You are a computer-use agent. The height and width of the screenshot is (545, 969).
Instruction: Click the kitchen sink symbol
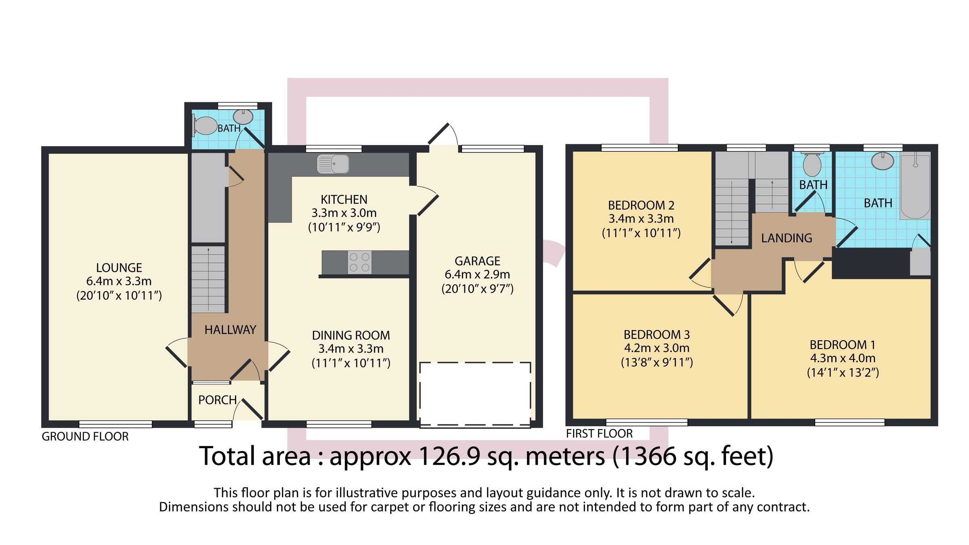click(x=333, y=164)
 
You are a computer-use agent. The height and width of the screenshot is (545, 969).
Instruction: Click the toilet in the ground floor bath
click(x=205, y=126)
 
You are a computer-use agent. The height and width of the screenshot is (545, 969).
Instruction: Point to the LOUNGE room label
click(x=119, y=268)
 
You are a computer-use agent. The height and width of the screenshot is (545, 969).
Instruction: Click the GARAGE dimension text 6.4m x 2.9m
click(x=477, y=275)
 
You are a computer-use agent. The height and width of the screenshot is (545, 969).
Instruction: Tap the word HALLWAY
click(x=230, y=330)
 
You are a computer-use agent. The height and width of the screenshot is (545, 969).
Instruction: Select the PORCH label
click(x=217, y=400)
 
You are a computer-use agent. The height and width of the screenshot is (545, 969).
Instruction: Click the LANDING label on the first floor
click(x=787, y=238)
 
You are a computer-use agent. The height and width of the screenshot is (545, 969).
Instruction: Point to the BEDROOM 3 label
click(x=656, y=335)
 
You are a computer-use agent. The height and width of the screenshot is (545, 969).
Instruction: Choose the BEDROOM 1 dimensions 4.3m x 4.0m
click(x=843, y=358)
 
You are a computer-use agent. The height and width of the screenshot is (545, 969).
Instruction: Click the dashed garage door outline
click(x=475, y=394)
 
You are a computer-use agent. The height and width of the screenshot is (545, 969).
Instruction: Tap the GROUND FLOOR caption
click(x=85, y=436)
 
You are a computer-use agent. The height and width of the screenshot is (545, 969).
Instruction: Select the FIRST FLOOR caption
click(x=599, y=434)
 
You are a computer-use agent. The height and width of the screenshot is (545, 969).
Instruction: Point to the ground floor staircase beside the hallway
click(x=208, y=279)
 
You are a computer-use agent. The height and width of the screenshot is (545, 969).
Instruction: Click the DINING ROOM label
click(x=351, y=335)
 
